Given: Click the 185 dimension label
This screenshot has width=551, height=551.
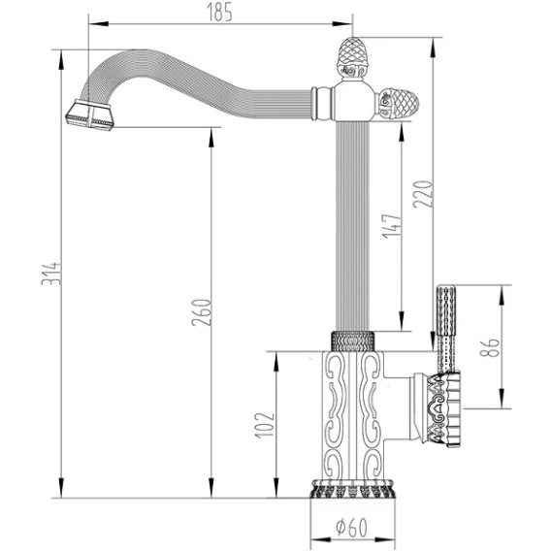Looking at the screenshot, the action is (219, 12).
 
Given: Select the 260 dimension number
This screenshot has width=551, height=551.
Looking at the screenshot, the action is (202, 312).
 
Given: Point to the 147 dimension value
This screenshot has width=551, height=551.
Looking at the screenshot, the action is (392, 226).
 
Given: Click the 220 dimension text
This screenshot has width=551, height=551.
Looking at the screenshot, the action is (423, 194).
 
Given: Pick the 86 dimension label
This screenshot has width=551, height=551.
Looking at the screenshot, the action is (489, 347).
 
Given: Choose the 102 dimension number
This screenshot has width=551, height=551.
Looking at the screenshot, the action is (265, 425).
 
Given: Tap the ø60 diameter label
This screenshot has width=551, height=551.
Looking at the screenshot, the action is (351, 527).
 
